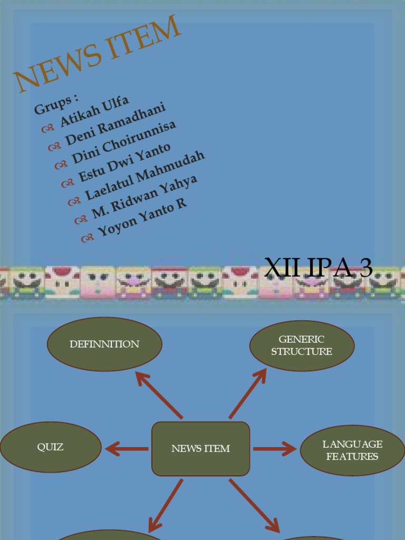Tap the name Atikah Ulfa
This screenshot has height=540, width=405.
pyautogui.click(x=94, y=111)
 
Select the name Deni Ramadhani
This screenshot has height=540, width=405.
pyautogui.click(x=115, y=124)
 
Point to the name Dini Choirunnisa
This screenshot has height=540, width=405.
pyautogui.click(x=124, y=141)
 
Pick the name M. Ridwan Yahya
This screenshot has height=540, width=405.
pyautogui.click(x=144, y=197)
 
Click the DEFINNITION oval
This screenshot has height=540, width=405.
pyautogui.click(x=104, y=344)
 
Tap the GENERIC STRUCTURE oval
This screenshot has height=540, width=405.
pyautogui.click(x=302, y=345)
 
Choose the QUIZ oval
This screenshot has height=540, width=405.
pyautogui.click(x=50, y=447)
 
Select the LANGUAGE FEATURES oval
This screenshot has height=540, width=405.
pyautogui.click(x=352, y=450)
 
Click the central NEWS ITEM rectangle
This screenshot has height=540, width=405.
pyautogui.click(x=201, y=449)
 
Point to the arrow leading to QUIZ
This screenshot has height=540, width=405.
pyautogui.click(x=127, y=449)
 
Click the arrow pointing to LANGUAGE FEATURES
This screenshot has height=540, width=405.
pyautogui.click(x=274, y=449)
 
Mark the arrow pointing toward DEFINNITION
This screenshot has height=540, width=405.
pyautogui.click(x=158, y=393)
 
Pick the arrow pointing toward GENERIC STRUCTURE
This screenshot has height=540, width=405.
pyautogui.click(x=248, y=393)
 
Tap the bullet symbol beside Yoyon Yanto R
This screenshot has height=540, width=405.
pyautogui.click(x=87, y=239)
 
